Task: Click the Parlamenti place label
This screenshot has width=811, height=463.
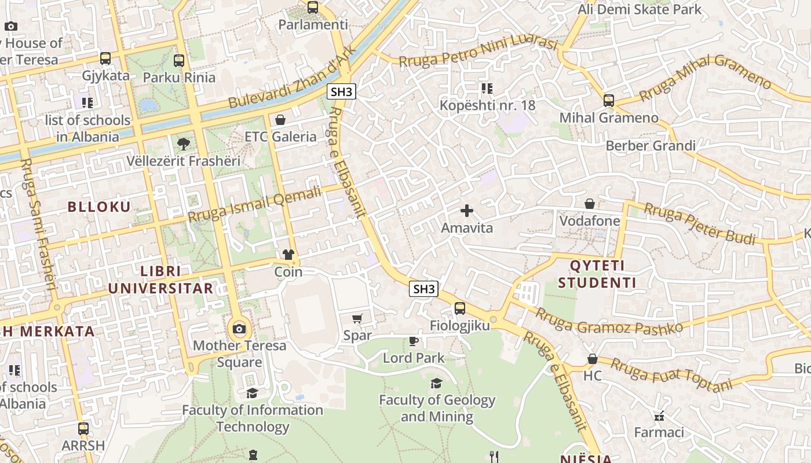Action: click(x=313, y=25)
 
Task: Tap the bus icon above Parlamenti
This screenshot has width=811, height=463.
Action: click(x=313, y=8)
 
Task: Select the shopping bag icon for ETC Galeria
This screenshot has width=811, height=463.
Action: click(x=280, y=120)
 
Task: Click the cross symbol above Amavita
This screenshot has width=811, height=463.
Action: click(x=467, y=211)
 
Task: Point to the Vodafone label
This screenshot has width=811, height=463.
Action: click(x=589, y=221)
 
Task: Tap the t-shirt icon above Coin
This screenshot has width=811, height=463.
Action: click(x=288, y=255)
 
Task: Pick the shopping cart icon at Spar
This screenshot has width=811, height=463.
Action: click(x=357, y=318)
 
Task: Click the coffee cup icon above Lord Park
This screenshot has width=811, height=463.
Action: click(x=413, y=341)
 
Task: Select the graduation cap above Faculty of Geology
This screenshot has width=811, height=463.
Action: click(x=436, y=383)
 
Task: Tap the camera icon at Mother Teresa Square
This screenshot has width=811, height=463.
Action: click(x=239, y=329)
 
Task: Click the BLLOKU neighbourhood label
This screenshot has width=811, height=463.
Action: click(x=99, y=207)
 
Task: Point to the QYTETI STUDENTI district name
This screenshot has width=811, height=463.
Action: click(x=603, y=274)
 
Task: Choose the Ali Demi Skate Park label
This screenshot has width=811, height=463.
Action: click(x=639, y=9)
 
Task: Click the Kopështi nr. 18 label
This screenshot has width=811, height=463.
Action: click(x=487, y=105)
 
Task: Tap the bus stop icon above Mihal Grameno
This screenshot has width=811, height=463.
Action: click(x=608, y=101)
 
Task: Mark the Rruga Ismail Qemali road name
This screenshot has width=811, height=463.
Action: click(x=254, y=205)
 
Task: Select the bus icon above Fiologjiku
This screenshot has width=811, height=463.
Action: click(x=459, y=308)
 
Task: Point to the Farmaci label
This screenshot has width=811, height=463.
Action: click(x=659, y=432)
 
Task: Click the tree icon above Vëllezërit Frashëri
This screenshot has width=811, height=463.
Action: click(x=183, y=144)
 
